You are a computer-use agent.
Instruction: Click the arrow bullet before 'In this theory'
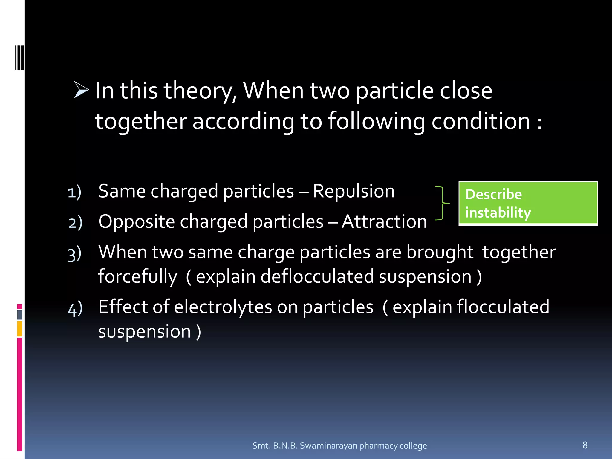[x=81, y=90]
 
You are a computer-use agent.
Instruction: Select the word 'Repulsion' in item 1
[x=354, y=191]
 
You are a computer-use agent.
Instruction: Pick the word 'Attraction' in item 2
[x=384, y=222]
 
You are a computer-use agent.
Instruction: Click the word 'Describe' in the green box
[x=493, y=195]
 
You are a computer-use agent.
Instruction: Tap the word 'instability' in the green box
[x=498, y=213]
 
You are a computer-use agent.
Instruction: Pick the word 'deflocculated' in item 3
[x=317, y=276]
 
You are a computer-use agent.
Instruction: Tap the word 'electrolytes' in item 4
[x=223, y=307]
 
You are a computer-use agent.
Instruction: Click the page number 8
[x=585, y=445]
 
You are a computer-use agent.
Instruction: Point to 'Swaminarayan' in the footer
[x=328, y=446]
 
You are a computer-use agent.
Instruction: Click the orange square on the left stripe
[x=20, y=329]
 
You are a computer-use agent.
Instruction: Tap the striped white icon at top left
[x=19, y=58]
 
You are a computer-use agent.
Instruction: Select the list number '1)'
[x=74, y=192]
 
